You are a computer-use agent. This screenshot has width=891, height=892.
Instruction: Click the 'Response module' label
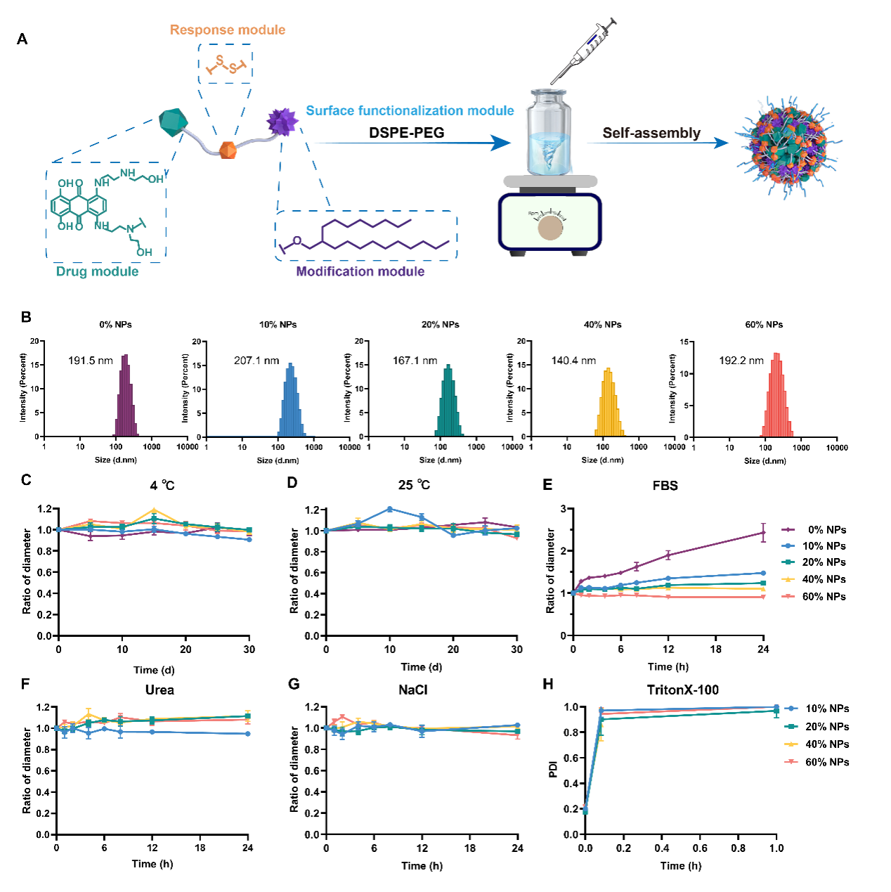(228, 30)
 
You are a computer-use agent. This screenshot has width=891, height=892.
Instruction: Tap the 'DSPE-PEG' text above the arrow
(406, 133)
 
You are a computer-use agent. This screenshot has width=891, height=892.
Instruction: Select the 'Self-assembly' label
(651, 133)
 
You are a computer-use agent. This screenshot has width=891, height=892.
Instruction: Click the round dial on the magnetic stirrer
(550, 227)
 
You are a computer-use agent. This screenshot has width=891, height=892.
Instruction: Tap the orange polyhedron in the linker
(228, 150)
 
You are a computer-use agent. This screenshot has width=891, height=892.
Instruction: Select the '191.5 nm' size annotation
(90, 361)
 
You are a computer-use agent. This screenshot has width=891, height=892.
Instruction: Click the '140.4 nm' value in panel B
(573, 361)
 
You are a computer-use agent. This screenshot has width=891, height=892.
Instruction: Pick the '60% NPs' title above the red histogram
(764, 325)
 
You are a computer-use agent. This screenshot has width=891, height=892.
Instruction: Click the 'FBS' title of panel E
(665, 486)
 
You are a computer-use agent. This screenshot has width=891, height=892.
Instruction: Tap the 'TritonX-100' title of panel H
(682, 690)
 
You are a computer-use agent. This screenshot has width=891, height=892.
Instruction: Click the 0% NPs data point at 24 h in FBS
(763, 533)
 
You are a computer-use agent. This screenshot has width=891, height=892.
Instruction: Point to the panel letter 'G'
(294, 684)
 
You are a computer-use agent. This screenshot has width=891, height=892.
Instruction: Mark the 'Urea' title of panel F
(160, 690)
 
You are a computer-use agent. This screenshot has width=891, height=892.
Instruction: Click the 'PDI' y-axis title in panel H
(553, 769)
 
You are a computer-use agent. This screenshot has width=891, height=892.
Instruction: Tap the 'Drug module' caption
(97, 271)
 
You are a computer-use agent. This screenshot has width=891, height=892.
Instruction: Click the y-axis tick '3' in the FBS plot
(564, 509)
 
